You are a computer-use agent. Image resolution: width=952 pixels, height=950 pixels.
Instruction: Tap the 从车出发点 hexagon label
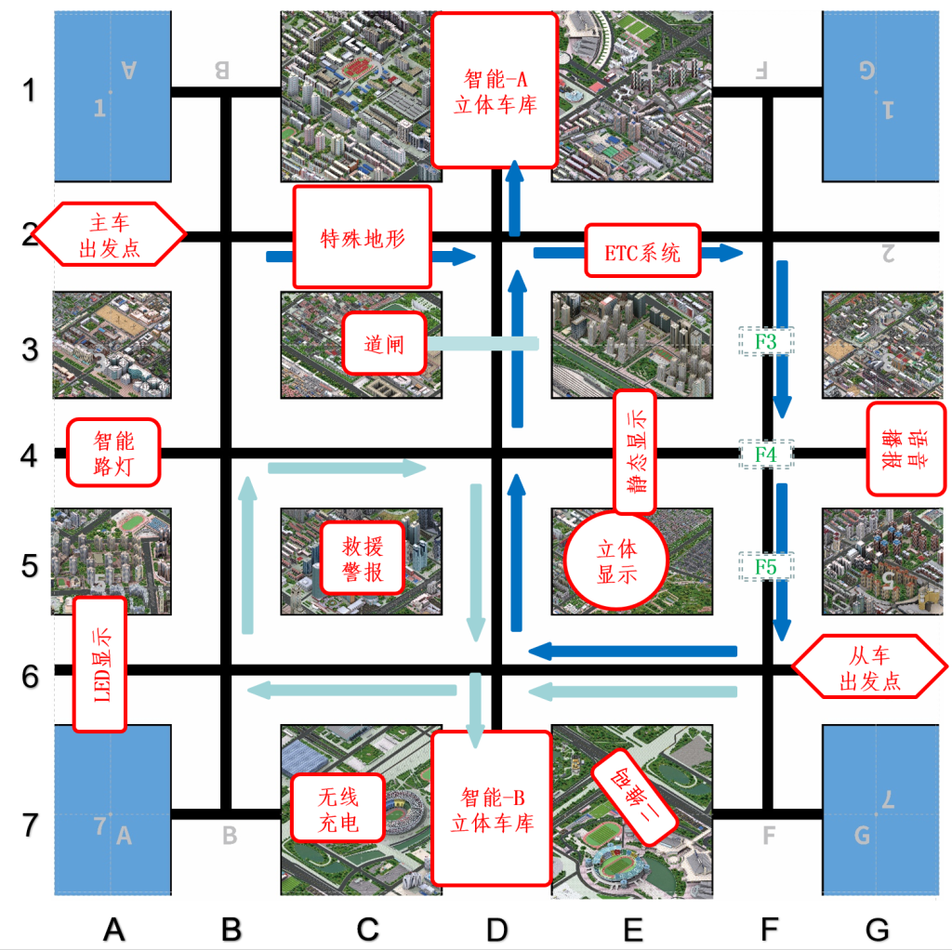tap(870, 667)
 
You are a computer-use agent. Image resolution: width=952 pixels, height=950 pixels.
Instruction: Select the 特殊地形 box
tap(363, 237)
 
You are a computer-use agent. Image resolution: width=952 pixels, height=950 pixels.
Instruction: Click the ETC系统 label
tap(642, 250)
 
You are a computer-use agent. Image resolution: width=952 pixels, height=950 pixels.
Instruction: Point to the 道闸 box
tap(385, 343)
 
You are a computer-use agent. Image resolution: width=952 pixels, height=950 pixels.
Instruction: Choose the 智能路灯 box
tap(113, 452)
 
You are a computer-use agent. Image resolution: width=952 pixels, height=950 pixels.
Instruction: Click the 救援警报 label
tap(364, 558)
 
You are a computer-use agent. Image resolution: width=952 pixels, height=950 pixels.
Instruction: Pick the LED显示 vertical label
tap(99, 664)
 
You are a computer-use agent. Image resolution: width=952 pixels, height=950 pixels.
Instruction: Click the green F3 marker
tap(766, 341)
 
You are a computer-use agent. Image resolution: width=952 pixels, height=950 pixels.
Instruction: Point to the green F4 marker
tap(766, 455)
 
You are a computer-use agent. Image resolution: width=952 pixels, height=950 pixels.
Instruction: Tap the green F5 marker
tap(766, 566)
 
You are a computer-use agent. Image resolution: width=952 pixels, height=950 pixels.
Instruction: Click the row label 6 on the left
tap(31, 676)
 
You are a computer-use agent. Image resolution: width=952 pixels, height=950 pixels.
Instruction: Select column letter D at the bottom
tap(497, 928)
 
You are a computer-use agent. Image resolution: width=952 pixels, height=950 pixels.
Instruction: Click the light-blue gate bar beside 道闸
tap(483, 344)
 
